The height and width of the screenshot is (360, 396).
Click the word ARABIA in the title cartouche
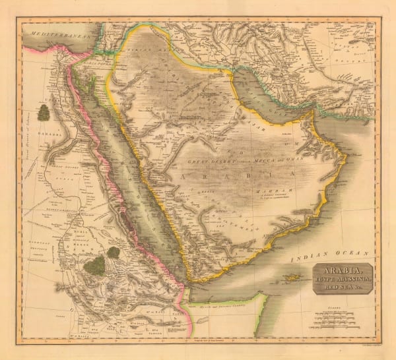pyautogui.click(x=343, y=270)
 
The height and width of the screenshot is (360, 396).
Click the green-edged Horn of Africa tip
pyautogui.click(x=264, y=297)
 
